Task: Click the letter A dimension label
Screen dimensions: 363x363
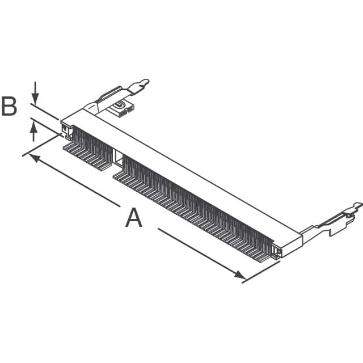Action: click(x=133, y=218)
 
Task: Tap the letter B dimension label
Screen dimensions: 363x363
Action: click(x=9, y=107)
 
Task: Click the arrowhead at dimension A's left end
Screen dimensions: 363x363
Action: click(x=33, y=158)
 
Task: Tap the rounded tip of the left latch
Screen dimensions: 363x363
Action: click(x=145, y=83)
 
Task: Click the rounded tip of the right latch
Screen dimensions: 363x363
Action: click(x=357, y=205)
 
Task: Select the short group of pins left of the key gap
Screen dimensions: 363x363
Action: click(x=88, y=150)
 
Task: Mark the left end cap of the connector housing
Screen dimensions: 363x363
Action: click(x=67, y=129)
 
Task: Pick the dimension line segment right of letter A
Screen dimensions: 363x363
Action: click(x=199, y=252)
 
